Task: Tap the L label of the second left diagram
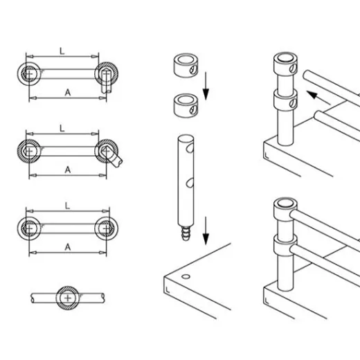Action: point(62,127)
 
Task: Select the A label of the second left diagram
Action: point(66,169)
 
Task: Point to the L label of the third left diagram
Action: point(66,205)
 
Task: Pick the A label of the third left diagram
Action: point(66,246)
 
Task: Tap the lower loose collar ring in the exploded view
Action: point(184,105)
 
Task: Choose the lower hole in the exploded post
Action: point(190,186)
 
